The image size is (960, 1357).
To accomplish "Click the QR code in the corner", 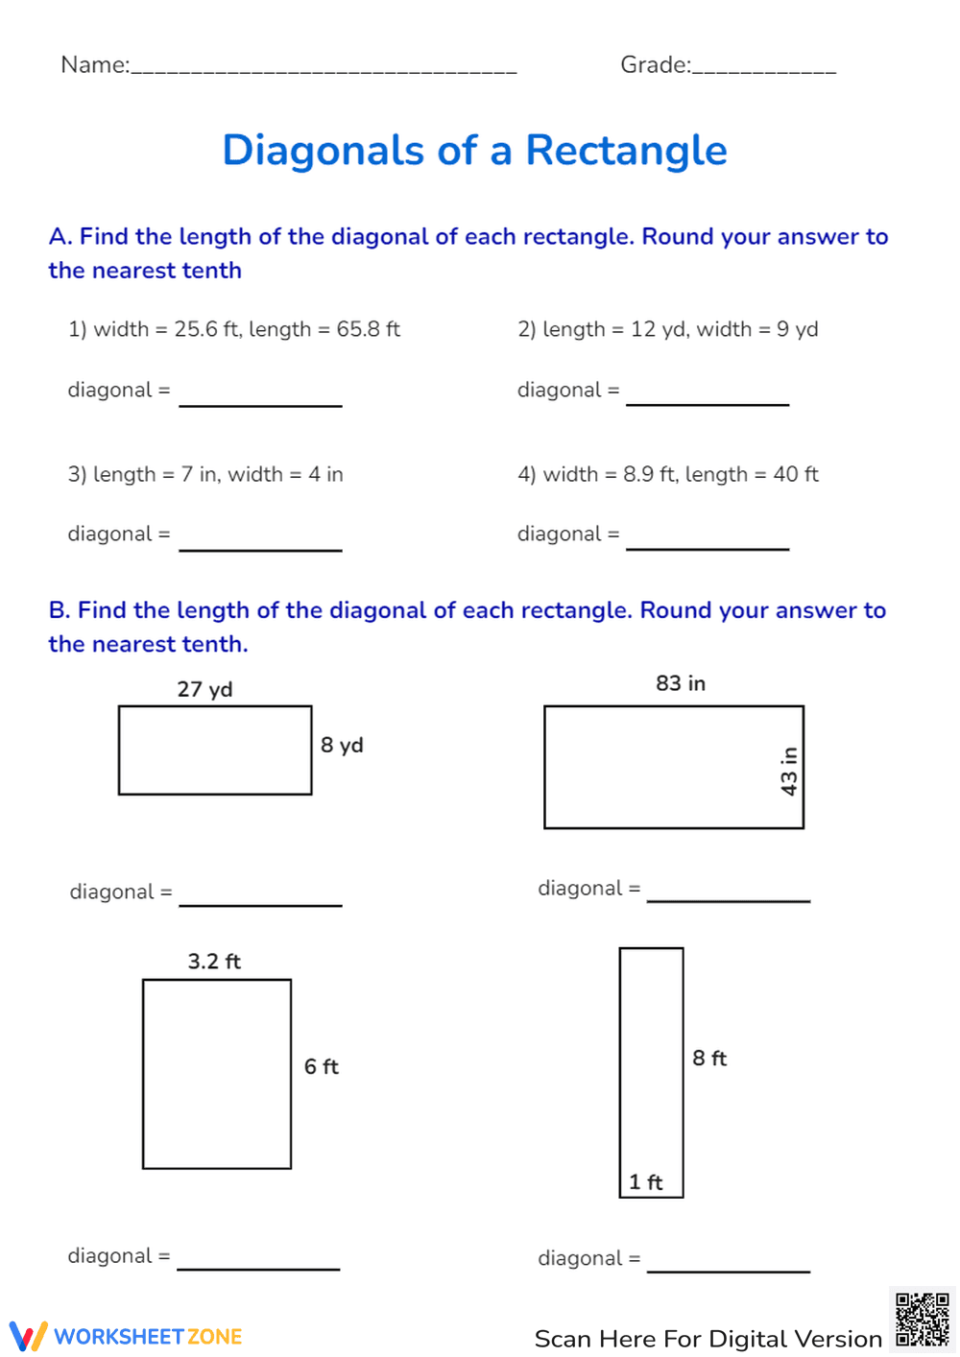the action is [x=922, y=1320].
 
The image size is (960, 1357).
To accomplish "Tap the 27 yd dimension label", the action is [x=204, y=689].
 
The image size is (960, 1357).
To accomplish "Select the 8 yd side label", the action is [x=342, y=745].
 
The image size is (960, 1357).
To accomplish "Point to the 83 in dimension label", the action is [x=680, y=683].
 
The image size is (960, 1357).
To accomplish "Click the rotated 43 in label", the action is [x=789, y=771].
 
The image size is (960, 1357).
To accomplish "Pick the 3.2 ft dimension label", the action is [x=214, y=961].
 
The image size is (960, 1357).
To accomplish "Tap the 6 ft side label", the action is [x=322, y=1066].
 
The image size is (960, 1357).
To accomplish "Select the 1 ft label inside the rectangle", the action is [x=646, y=1182].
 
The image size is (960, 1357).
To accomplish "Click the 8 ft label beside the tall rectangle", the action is [x=709, y=1058].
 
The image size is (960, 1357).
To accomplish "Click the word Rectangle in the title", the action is [x=626, y=151].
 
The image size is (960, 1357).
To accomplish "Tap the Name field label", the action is [x=94, y=64].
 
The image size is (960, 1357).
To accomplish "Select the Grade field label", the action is [x=655, y=64].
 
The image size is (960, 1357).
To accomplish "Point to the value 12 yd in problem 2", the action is [x=658, y=329].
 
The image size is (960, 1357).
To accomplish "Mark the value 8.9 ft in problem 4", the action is [x=649, y=474].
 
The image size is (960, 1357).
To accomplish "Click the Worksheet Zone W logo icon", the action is [x=28, y=1336].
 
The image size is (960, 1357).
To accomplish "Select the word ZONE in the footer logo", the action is [x=215, y=1337].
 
